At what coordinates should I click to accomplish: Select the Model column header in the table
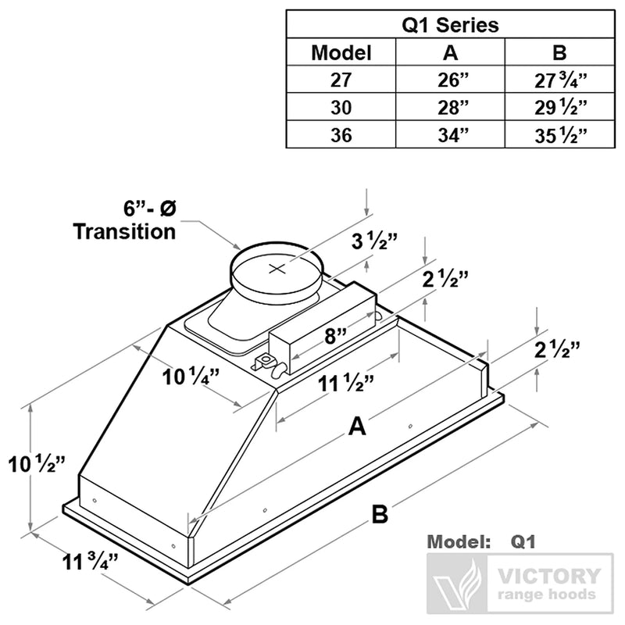341,53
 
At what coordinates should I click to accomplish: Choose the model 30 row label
341,107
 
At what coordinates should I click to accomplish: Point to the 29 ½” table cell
559,107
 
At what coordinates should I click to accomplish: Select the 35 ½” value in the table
559,134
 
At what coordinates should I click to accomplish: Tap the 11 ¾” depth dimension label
90,560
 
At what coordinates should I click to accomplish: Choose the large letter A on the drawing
356,427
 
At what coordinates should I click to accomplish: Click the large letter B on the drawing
380,515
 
